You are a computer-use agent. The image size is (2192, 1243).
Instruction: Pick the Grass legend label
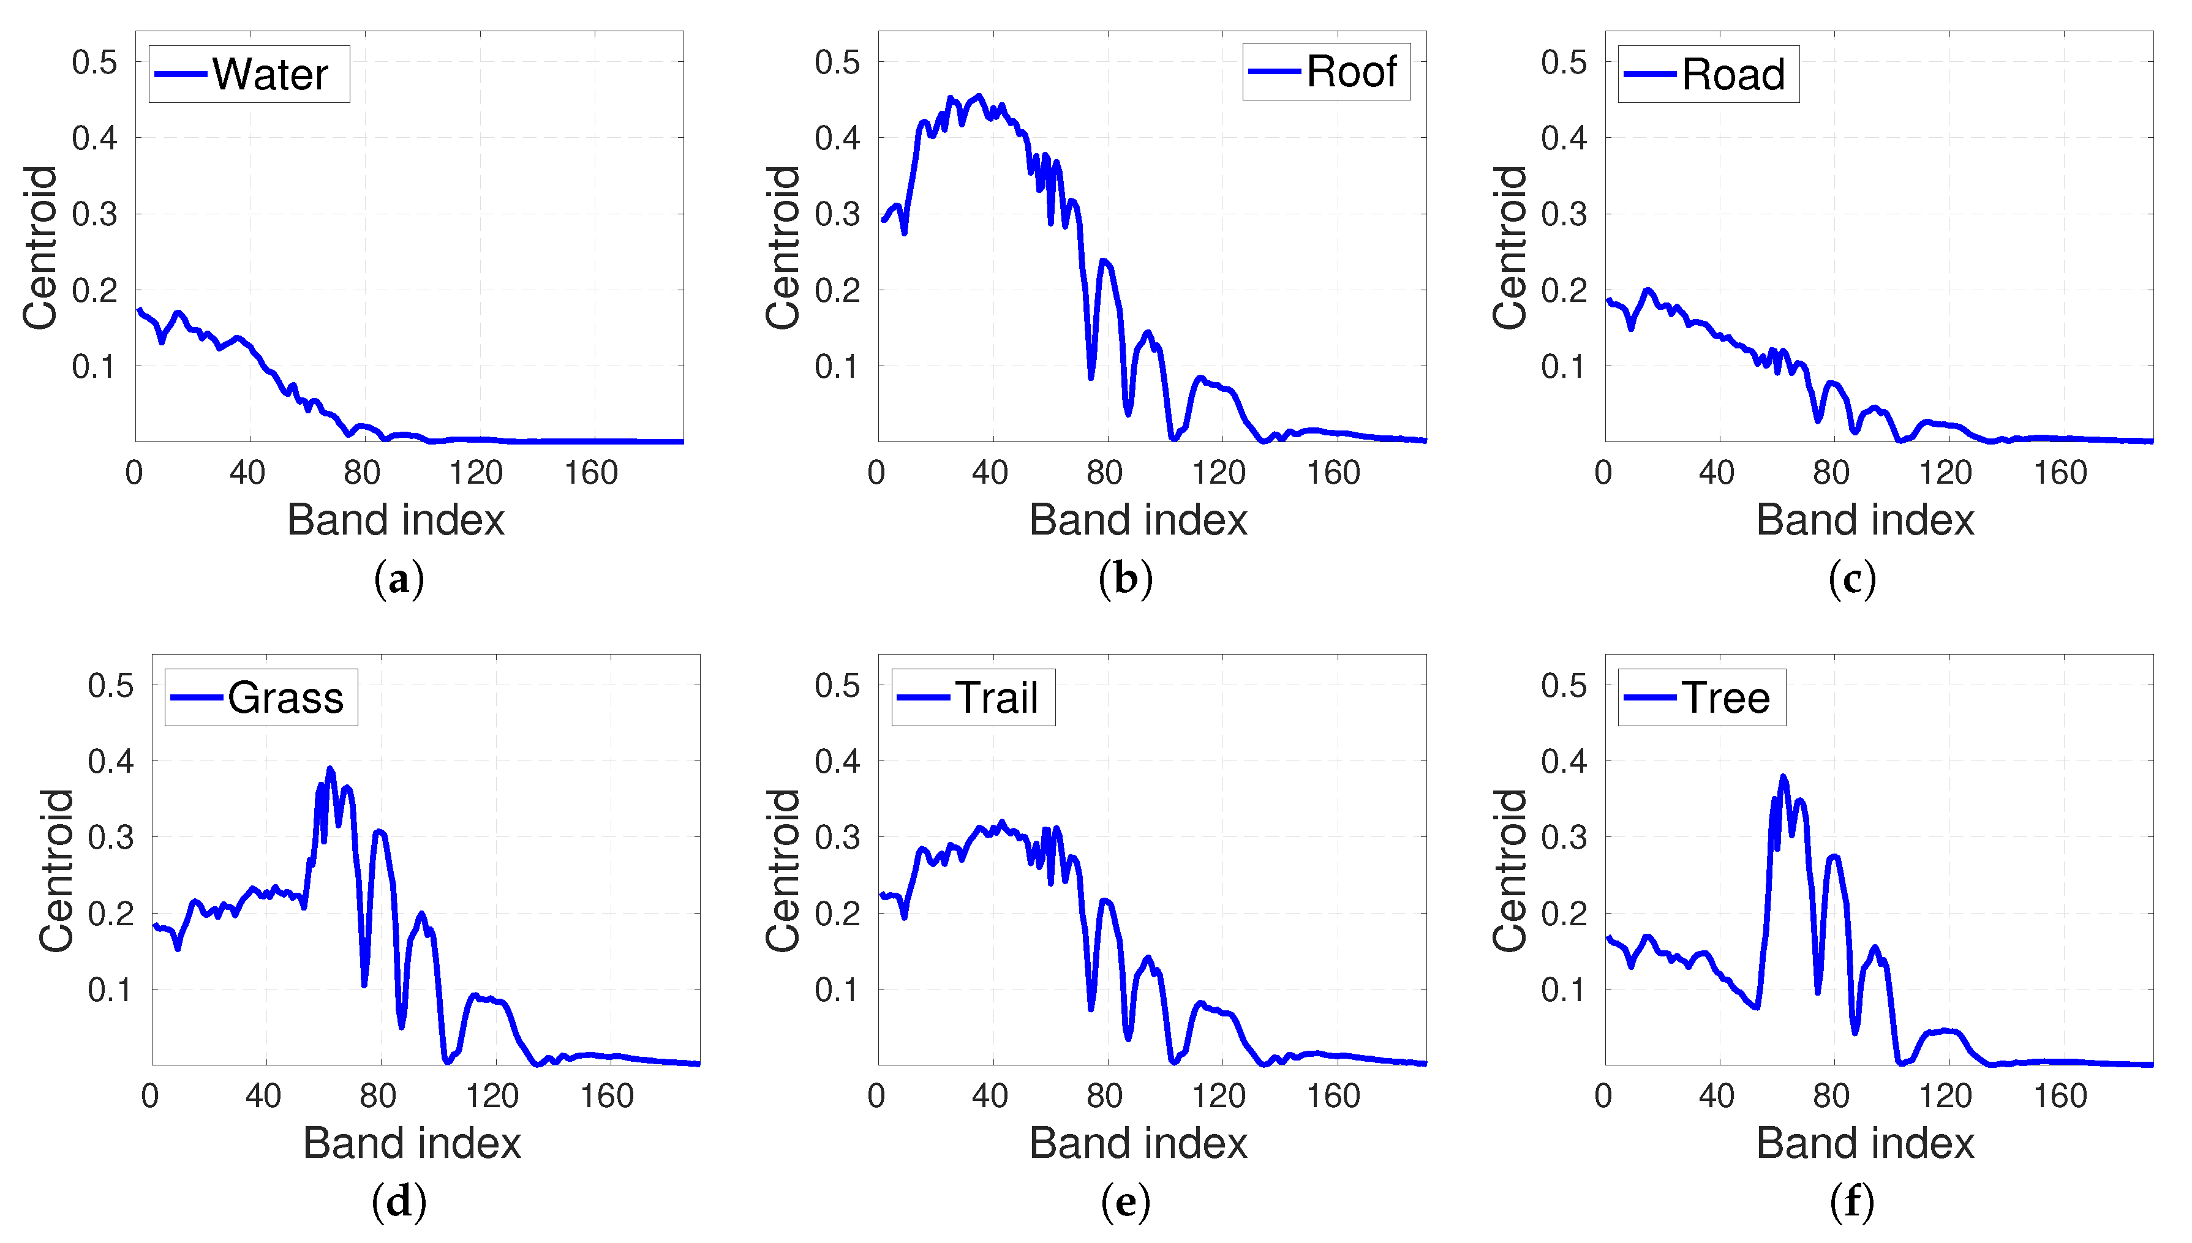pos(285,697)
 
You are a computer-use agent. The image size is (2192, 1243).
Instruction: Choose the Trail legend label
pos(996,697)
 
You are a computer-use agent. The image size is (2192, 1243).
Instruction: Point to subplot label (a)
pos(399,580)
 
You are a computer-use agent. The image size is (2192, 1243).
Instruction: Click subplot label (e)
pos(1126,1202)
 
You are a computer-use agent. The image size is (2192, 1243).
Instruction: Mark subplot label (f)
pos(1852,1202)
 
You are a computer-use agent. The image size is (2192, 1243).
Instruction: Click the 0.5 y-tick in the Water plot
pos(94,62)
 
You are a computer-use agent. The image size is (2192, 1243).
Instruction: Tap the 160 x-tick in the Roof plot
pos(1333,473)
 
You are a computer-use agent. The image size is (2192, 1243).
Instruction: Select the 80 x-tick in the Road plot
pos(1831,473)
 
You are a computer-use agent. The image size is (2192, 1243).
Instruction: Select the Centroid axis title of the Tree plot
pos(1509,870)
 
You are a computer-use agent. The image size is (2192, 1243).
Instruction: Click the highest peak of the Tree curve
pos(1783,777)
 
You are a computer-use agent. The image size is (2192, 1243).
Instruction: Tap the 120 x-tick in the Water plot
pos(476,473)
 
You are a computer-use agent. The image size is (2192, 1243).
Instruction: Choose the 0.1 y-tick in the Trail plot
pos(837,990)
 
